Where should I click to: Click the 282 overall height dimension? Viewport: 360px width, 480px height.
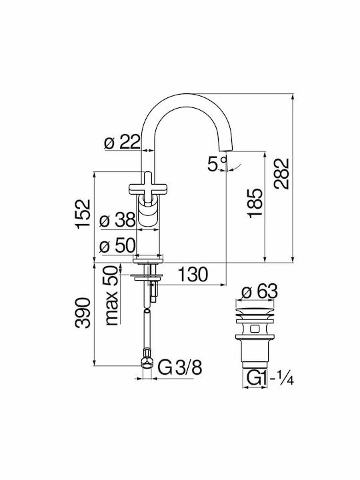point(281,173)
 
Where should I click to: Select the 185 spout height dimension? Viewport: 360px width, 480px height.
point(255,203)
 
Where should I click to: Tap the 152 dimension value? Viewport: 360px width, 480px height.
point(83,214)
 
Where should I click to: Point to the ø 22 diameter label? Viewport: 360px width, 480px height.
point(123,141)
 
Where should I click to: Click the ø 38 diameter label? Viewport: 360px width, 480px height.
point(117,219)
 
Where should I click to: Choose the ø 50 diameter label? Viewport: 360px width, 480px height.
point(117,245)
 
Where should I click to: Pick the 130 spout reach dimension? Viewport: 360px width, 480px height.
point(193,274)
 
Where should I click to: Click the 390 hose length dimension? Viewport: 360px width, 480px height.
point(83,313)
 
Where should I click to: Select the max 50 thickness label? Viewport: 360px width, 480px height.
point(112,295)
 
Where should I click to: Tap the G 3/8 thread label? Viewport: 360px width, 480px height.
point(180,367)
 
